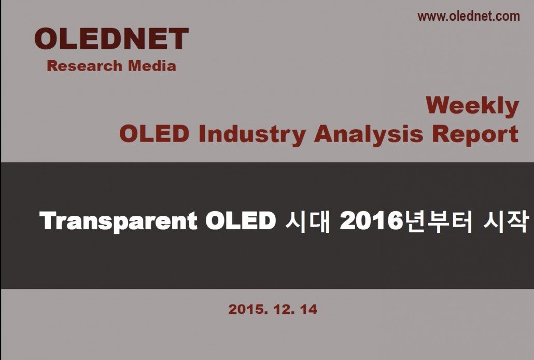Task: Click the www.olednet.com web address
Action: coord(469,17)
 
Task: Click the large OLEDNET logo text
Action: coord(111,38)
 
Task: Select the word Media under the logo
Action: coord(152,66)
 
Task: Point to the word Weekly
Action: coord(472,106)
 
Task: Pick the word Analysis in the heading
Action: coord(369,134)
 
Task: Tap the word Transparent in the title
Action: coord(119,221)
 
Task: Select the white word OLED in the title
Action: coord(241,221)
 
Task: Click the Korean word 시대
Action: coord(308,221)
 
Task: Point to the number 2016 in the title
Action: coord(371,221)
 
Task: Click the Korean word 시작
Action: coord(506,221)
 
